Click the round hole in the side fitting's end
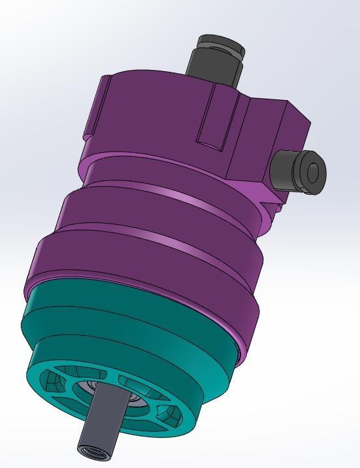pyautogui.click(x=313, y=173)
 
